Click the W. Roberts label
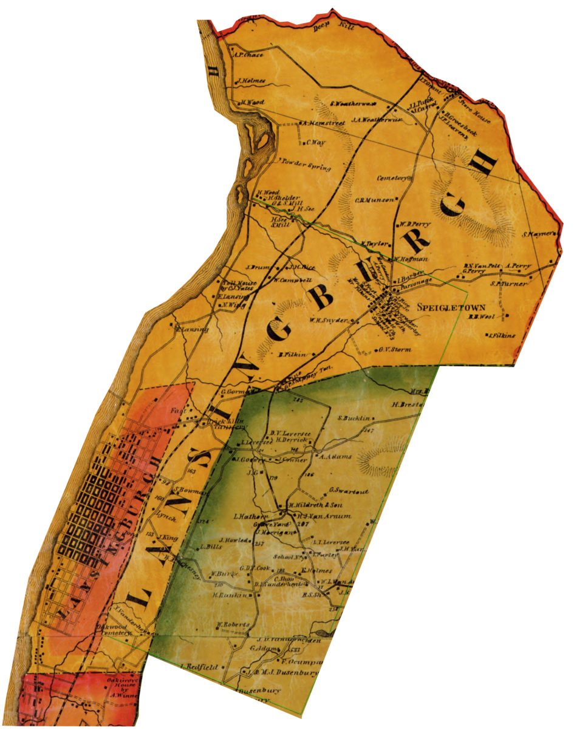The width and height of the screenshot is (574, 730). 233,624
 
